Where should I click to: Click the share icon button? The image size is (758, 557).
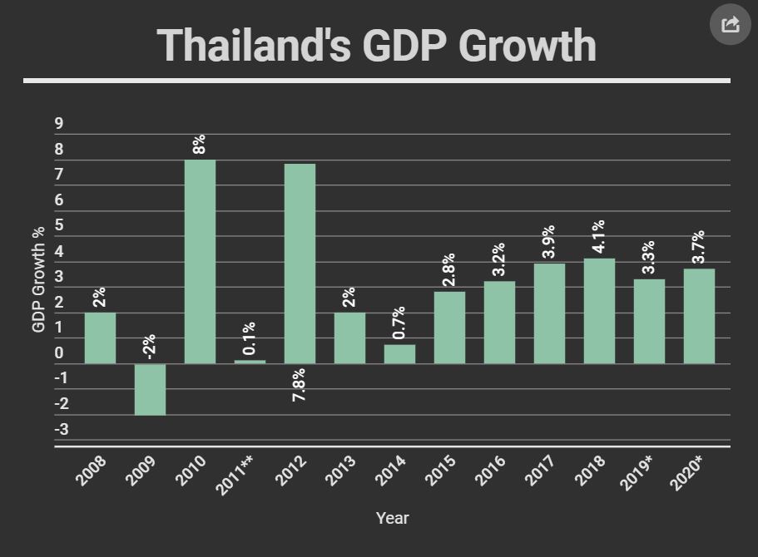point(730,25)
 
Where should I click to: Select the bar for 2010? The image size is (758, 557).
point(200,261)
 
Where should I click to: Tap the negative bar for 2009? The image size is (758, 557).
point(151,389)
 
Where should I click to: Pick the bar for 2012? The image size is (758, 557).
point(300,264)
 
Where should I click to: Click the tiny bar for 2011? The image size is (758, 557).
point(250,362)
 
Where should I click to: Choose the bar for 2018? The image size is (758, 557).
point(599,311)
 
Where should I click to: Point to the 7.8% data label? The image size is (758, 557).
point(300,385)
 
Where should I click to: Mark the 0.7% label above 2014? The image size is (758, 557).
point(399,323)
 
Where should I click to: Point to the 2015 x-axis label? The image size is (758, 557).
point(441,471)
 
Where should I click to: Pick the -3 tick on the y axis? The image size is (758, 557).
point(62,430)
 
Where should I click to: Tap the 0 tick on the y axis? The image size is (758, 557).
point(59,353)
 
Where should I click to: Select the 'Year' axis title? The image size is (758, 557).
point(392,518)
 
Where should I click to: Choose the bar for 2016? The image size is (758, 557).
point(499,323)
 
